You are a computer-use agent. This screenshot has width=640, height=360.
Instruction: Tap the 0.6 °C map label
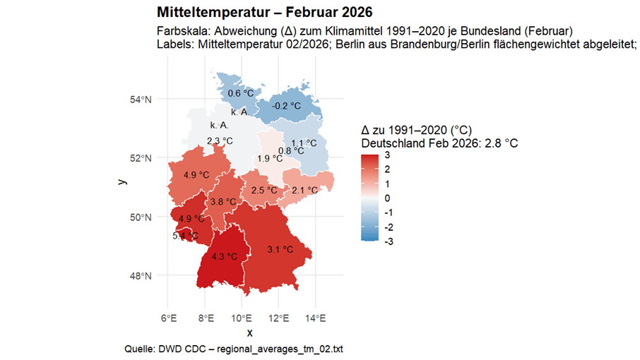pos(240,93)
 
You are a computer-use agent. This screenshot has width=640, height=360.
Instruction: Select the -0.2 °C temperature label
pos(287,106)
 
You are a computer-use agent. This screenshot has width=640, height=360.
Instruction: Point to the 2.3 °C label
pos(220,140)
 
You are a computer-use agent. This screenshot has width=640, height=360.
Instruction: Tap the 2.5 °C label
pos(263,190)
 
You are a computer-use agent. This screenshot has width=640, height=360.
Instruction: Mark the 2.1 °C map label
pos(304,190)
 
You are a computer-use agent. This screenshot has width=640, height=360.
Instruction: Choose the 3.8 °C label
pos(223,202)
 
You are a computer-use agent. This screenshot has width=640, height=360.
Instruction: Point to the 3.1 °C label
pos(280,249)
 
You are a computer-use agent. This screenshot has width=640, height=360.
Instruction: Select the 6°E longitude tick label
pos(169,318)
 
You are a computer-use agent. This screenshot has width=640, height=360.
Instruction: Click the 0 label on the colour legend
pos(386,198)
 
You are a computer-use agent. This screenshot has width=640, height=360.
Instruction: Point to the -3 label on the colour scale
pos(388,241)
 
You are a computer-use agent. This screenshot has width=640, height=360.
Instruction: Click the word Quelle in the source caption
pos(138,349)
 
